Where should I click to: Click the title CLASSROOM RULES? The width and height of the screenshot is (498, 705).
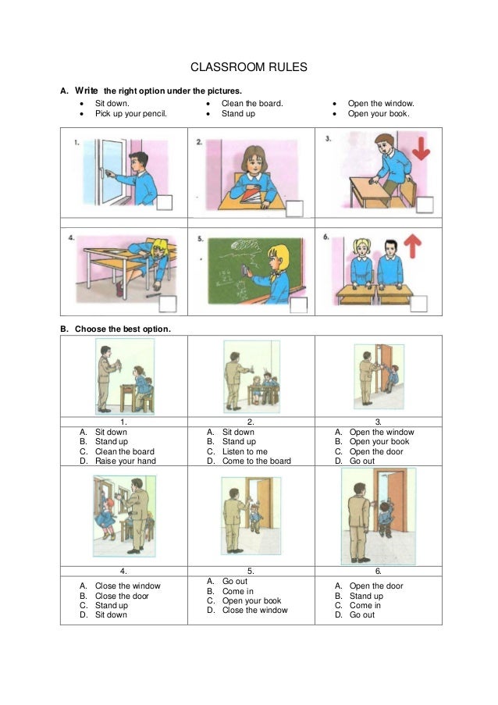tap(249, 67)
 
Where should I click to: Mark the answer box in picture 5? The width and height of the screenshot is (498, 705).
tap(297, 304)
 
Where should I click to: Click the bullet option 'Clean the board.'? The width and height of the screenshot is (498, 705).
tap(252, 103)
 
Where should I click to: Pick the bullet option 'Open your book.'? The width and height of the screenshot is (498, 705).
tap(379, 113)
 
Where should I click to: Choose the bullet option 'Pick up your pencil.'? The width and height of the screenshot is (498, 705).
tap(130, 113)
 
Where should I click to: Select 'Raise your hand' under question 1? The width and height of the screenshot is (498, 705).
tap(125, 461)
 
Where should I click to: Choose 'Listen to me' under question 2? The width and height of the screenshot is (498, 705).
tap(244, 451)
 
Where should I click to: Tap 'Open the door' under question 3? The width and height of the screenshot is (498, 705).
tap(376, 451)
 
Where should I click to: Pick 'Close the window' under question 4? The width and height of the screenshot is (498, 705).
tap(127, 586)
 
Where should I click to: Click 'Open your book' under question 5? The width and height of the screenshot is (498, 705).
tap(251, 600)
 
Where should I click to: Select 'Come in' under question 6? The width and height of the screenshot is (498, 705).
tap(365, 605)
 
